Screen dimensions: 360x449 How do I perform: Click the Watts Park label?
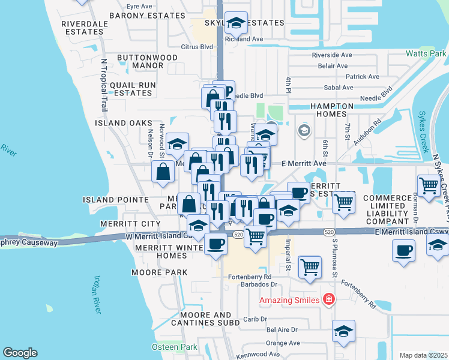click(426, 53)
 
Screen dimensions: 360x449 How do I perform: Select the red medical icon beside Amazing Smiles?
click(328, 299)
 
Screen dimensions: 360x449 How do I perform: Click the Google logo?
click(20, 353)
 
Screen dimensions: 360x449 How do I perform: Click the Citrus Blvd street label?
click(197, 46)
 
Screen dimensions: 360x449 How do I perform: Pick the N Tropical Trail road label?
click(103, 85)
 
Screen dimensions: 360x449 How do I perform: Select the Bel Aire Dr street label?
click(282, 329)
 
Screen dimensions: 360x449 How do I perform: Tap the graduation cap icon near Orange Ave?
click(343, 331)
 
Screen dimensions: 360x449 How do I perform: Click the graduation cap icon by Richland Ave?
click(235, 23)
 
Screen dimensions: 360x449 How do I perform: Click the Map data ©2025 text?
click(423, 355)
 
